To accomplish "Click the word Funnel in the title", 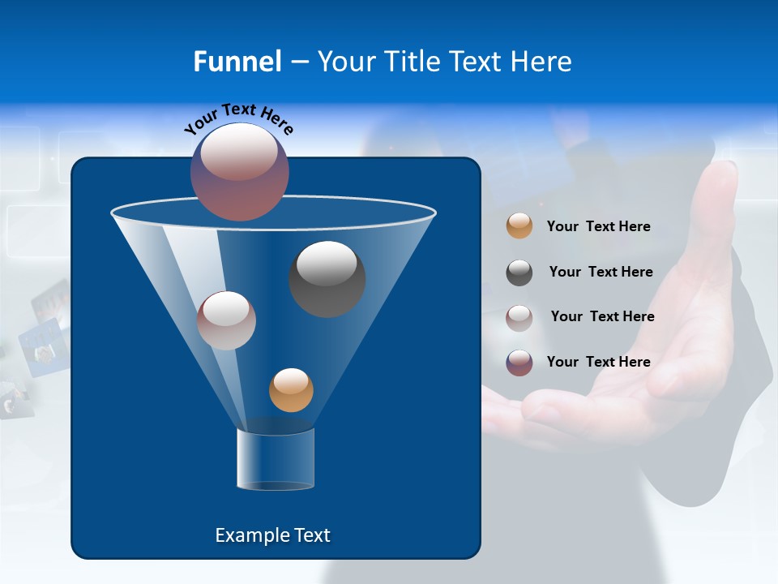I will (237, 62).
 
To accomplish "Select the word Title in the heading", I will (412, 62).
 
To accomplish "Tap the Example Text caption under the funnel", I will (272, 535).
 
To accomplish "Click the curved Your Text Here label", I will (239, 118).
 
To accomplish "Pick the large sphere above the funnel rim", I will (240, 171).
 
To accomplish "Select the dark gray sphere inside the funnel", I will (327, 278).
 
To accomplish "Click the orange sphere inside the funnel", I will (291, 389).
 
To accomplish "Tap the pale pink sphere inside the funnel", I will (226, 320).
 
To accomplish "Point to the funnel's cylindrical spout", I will (275, 459).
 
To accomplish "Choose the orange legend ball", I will (519, 226).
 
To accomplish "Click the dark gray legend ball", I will (519, 273).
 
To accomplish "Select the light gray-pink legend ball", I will (519, 317).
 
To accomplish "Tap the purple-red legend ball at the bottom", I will (519, 363).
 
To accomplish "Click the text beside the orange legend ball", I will (598, 226).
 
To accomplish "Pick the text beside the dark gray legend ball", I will (601, 272).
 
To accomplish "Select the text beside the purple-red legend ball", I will (598, 362).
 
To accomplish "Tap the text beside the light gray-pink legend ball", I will (602, 316).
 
